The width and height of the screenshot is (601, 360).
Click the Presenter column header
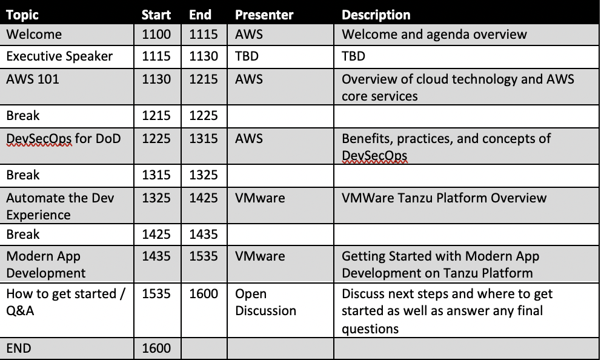coord(264,15)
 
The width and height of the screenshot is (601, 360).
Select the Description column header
coord(376,15)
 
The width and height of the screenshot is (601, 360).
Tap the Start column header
coord(156,15)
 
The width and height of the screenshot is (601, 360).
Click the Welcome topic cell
coord(34,34)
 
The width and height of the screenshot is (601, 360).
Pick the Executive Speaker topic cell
coord(59,56)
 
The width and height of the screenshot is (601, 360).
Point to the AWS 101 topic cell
coord(33,79)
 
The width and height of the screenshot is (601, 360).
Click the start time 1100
coord(156,34)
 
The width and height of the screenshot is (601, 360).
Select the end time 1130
coord(204,56)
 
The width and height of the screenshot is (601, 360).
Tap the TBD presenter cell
coord(247,56)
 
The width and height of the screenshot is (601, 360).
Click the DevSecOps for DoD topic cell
coord(64,138)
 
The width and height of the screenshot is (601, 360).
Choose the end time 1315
coord(204,138)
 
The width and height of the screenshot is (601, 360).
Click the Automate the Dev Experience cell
coord(60,206)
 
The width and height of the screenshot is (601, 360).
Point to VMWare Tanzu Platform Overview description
coord(444,198)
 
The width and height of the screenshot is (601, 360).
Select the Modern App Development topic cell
coord(46,264)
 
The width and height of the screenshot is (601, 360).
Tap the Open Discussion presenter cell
coord(265,302)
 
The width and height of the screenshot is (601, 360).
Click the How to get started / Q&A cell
coord(66,302)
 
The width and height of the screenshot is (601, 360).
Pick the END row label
coord(19,348)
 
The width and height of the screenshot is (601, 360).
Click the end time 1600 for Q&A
coord(204,294)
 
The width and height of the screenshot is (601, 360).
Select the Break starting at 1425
coord(23,235)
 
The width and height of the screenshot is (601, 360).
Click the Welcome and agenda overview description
coord(434,34)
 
